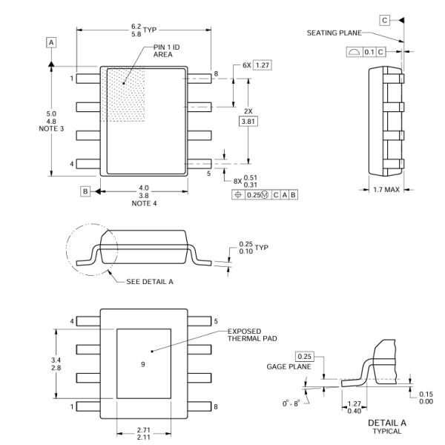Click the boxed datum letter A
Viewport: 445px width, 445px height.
pos(51,43)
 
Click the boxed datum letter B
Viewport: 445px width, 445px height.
pos(85,191)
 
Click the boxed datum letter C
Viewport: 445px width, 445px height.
pos(385,20)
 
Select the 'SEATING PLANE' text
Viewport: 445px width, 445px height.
pos(334,33)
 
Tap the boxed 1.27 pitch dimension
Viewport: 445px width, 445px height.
pos(262,65)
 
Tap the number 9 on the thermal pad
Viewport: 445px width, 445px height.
pos(143,364)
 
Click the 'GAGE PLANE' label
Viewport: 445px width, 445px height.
pos(291,366)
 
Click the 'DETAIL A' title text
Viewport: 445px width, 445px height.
pos(385,423)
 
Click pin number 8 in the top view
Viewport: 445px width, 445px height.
pos(216,74)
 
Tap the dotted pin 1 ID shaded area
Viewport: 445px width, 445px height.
pos(127,93)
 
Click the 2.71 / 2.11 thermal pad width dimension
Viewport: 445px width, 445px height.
pos(143,432)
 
